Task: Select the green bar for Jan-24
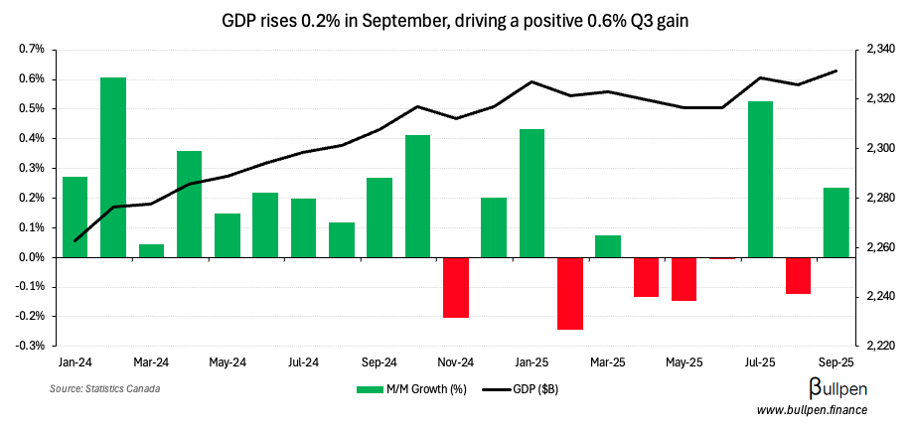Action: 75,216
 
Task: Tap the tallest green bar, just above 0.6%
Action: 113,167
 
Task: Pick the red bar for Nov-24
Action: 456,287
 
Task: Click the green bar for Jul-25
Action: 761,179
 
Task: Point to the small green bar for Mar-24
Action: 151,250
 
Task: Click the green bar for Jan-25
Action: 533,193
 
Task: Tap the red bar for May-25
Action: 685,279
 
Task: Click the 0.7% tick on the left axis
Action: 32,50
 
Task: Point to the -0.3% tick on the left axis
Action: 31,347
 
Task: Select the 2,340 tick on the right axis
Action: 882,50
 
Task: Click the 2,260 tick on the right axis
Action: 882,247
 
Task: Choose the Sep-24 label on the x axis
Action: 380,362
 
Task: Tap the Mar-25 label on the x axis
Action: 608,362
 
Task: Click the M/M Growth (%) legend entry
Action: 411,389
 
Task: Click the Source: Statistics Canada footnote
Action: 104,388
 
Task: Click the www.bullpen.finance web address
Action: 812,410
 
